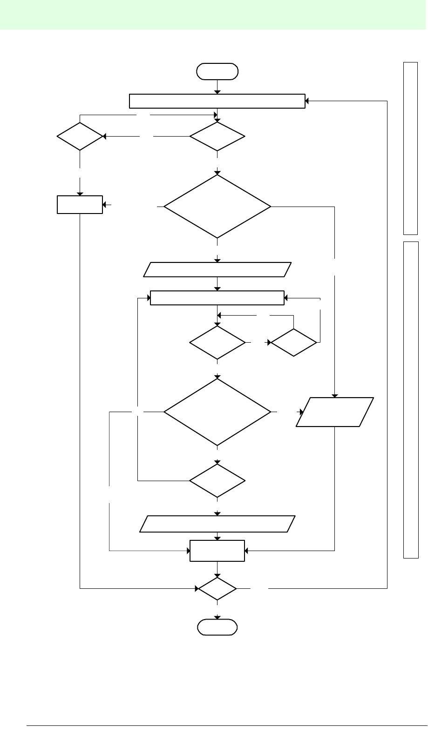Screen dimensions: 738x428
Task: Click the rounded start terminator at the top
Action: (217, 72)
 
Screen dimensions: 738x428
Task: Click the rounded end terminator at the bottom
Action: (217, 627)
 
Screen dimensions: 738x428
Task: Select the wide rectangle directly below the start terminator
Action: (217, 101)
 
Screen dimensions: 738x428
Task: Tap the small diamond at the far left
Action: (80, 137)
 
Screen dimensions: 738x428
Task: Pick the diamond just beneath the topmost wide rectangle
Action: (217, 137)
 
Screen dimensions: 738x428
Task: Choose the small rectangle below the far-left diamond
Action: (80, 205)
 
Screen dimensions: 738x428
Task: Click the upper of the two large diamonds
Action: (217, 206)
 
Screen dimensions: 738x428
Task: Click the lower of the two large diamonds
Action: (217, 412)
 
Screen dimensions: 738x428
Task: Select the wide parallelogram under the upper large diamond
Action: (217, 269)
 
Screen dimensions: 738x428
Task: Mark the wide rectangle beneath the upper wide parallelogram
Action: (217, 297)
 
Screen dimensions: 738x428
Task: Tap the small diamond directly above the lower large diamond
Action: (217, 343)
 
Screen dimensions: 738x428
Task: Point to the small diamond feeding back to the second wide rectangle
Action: (294, 343)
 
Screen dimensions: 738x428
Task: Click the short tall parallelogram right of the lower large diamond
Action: (335, 412)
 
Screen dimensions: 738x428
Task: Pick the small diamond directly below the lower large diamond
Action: (217, 481)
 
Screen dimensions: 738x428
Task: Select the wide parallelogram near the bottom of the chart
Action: (217, 524)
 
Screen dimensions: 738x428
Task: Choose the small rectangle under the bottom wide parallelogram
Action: (217, 551)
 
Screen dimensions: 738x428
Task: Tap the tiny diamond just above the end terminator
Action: (217, 589)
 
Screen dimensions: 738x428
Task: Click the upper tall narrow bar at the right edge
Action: (410, 148)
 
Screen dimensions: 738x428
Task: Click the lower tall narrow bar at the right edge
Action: (411, 399)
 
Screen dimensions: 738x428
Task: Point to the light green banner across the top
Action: (214, 14)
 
